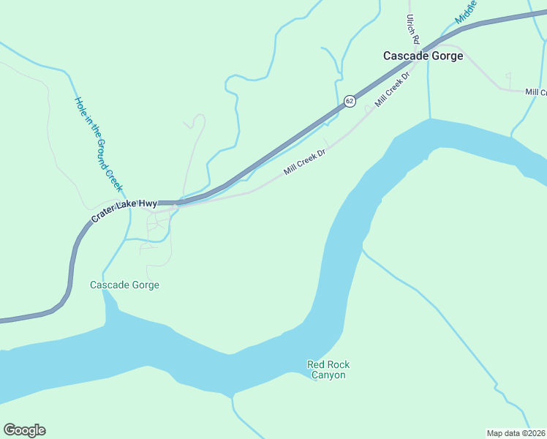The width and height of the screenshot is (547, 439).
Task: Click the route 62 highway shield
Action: [350, 101]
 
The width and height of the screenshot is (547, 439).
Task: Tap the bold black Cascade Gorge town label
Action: [423, 56]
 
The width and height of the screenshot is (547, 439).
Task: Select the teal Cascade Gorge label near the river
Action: [124, 285]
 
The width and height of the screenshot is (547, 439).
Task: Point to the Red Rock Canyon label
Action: [328, 369]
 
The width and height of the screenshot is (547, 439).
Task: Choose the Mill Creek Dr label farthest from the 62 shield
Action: [304, 162]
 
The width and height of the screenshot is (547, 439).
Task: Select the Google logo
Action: [24, 430]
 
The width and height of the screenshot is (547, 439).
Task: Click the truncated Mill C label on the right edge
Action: [535, 91]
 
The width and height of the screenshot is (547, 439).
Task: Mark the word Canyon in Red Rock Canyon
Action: [328, 375]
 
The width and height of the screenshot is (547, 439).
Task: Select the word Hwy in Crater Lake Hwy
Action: [146, 203]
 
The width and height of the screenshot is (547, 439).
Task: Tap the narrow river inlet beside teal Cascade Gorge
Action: [111, 304]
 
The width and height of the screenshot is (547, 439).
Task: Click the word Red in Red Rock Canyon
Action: [316, 364]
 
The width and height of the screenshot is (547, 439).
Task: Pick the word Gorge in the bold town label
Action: [447, 56]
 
